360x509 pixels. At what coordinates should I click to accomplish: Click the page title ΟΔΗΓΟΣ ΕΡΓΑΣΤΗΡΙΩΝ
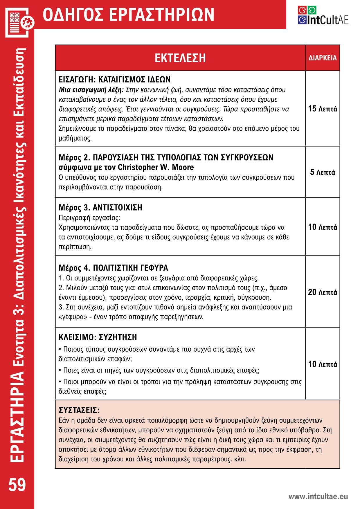pyautogui.click(x=128, y=15)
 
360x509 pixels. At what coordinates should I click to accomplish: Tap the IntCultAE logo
pyautogui.click(x=323, y=16)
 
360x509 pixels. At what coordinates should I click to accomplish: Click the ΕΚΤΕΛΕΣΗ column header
pyautogui.click(x=180, y=58)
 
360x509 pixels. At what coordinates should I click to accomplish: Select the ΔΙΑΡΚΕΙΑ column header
pyautogui.click(x=323, y=58)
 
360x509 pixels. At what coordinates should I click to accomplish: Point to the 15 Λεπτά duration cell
pyautogui.click(x=323, y=109)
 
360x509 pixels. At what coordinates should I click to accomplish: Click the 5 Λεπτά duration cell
pyautogui.click(x=323, y=172)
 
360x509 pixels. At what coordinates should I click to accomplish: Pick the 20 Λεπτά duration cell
pyautogui.click(x=323, y=292)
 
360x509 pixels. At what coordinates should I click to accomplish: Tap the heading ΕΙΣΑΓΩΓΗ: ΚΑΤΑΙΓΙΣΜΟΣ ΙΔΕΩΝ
pyautogui.click(x=114, y=80)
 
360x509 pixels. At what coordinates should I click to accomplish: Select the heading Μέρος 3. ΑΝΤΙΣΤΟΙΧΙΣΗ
pyautogui.click(x=100, y=208)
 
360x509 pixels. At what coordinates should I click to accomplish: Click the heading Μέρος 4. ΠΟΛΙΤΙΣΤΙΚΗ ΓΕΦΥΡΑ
pyautogui.click(x=113, y=268)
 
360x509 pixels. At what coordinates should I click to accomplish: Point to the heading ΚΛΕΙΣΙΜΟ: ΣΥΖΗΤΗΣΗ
pyautogui.click(x=98, y=337)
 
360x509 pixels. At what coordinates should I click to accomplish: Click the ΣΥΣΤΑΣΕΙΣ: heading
pyautogui.click(x=79, y=410)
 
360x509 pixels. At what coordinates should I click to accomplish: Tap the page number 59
pyautogui.click(x=17, y=485)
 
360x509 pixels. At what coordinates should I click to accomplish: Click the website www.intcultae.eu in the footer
pyautogui.click(x=318, y=497)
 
